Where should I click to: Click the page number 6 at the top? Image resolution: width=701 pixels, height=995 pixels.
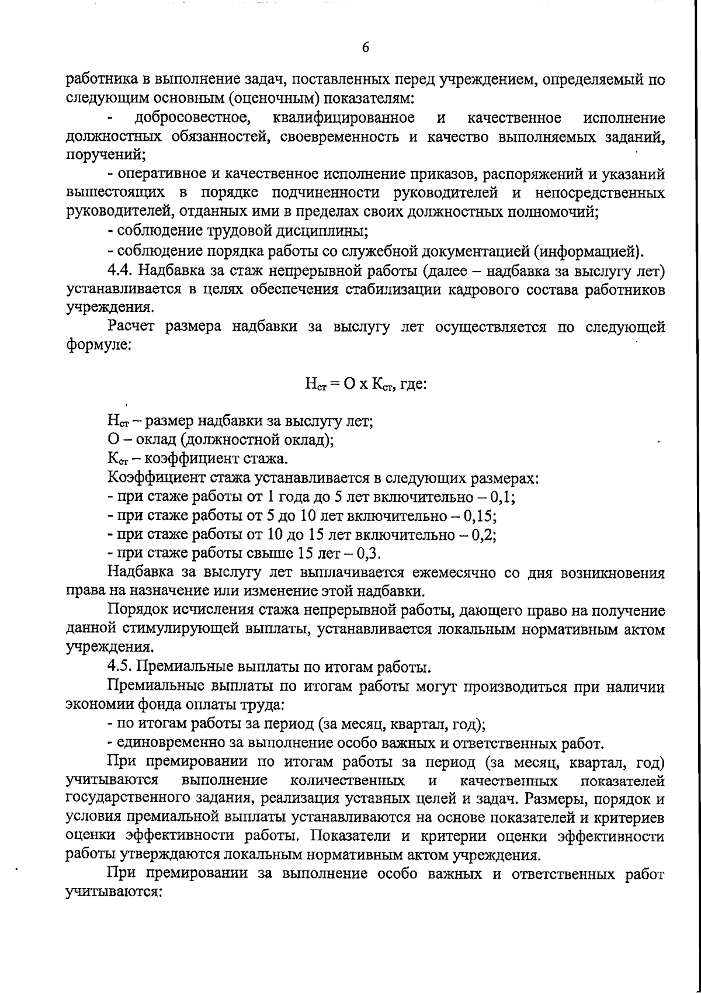(365, 47)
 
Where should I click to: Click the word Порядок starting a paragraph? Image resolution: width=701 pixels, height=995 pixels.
(137, 611)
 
